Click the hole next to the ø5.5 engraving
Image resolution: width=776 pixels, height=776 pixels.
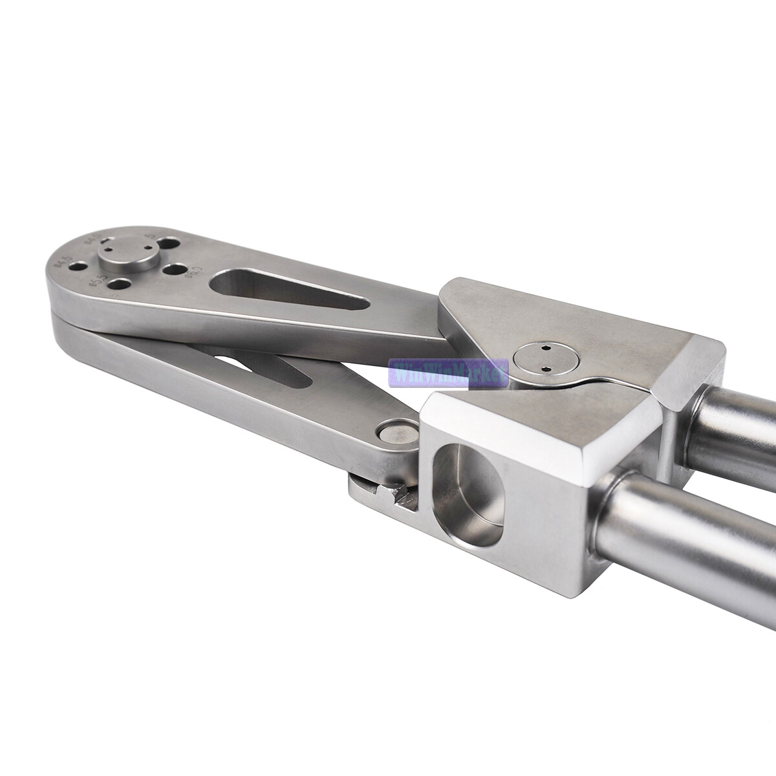pyautogui.click(x=118, y=283)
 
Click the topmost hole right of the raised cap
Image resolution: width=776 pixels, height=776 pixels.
pyautogui.click(x=169, y=245)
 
